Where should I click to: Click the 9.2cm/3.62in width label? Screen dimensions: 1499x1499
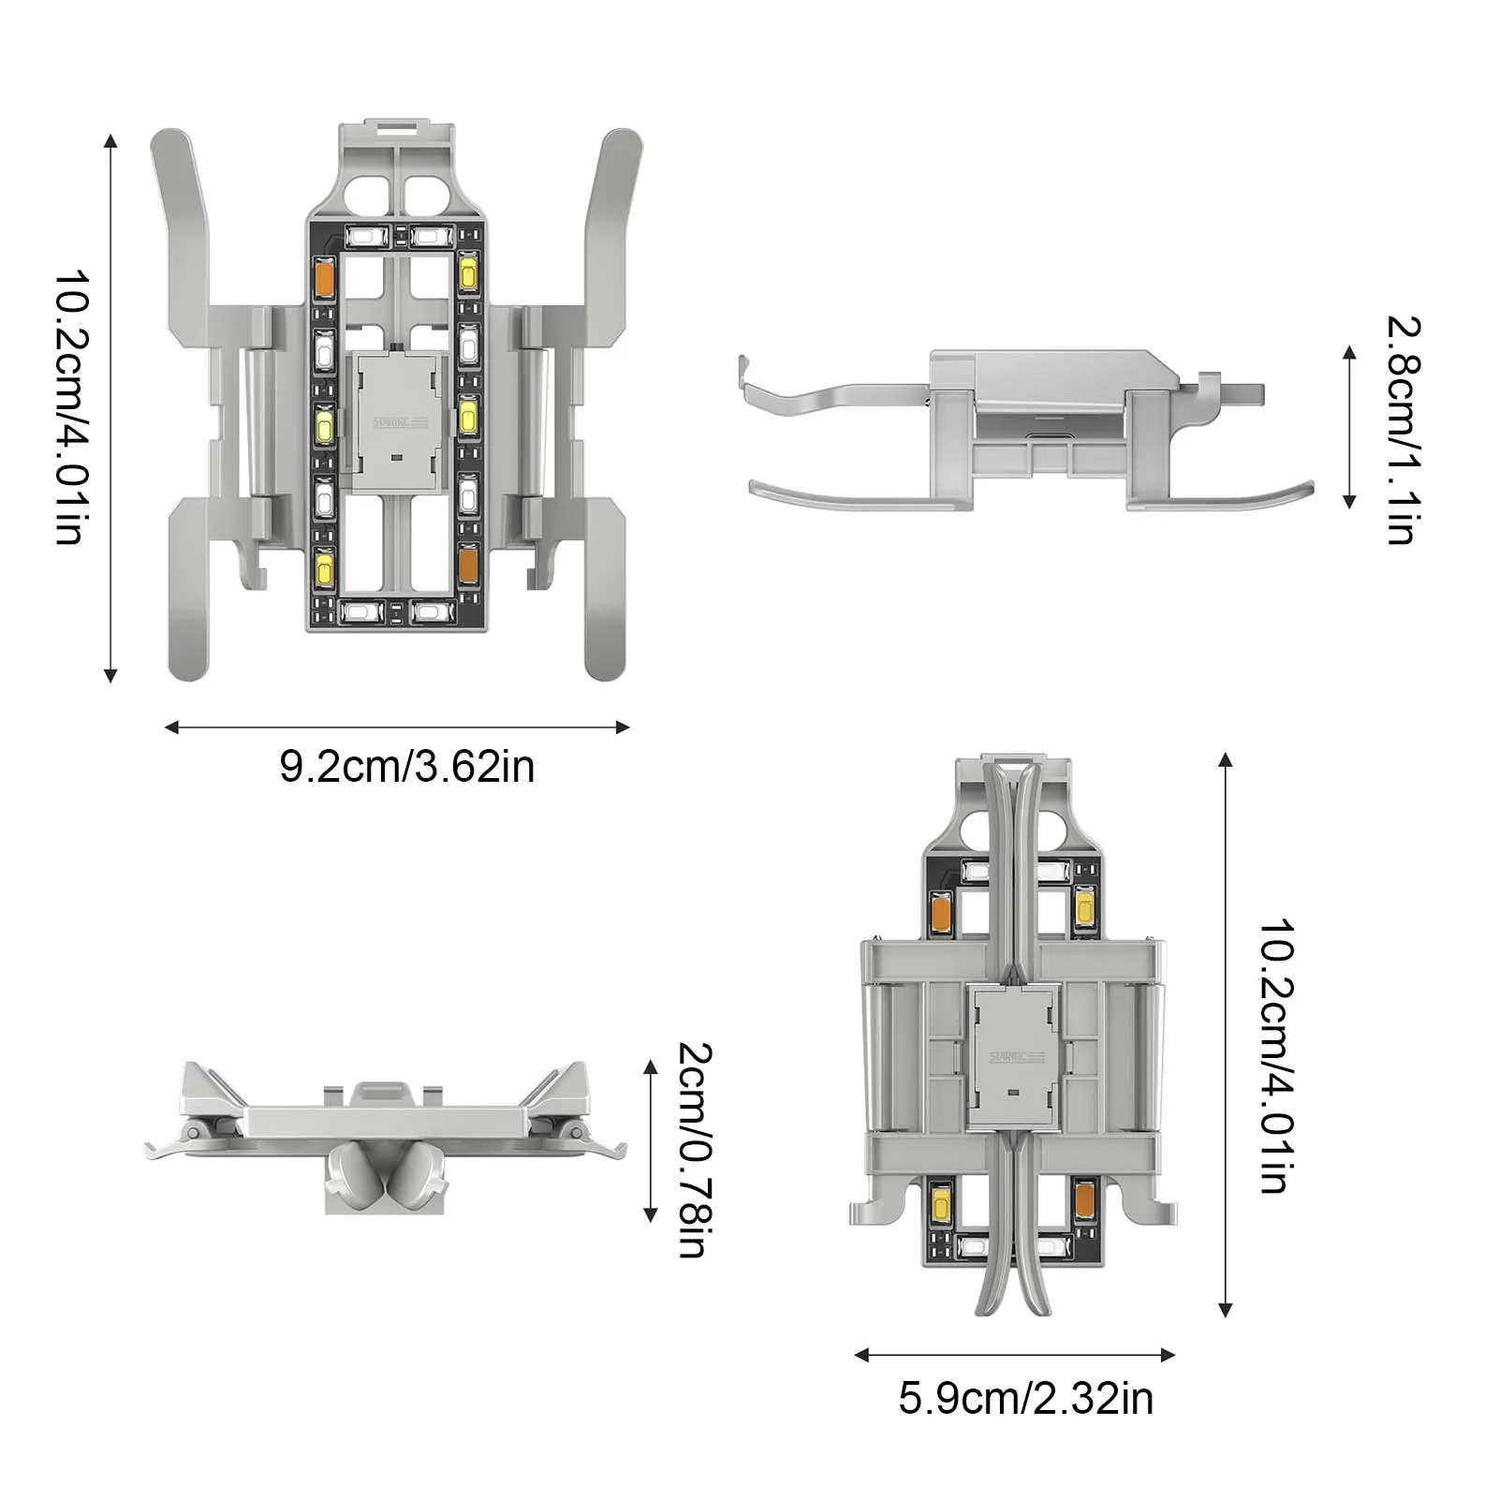click(x=407, y=767)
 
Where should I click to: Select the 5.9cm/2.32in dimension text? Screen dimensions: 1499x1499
click(x=1026, y=1398)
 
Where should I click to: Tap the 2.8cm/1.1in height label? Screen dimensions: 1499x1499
click(x=1403, y=430)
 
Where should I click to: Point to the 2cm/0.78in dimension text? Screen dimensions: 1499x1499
click(x=694, y=1149)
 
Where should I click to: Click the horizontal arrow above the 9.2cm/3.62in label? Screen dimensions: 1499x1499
click(x=397, y=727)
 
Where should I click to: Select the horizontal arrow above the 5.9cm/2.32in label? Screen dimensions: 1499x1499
click(x=1015, y=1355)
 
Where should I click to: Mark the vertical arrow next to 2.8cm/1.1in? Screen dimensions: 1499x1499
click(x=1349, y=427)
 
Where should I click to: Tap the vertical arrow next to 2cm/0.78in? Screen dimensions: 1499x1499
click(x=651, y=1141)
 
